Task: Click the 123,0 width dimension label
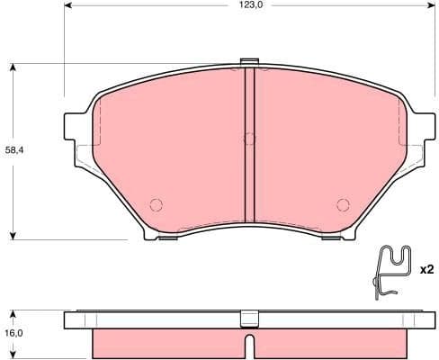tap(251, 5)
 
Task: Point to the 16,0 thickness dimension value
tap(15, 333)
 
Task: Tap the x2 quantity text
tap(426, 269)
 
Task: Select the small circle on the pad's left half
tap(155, 202)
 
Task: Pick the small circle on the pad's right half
tap(342, 202)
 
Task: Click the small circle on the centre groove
tap(250, 139)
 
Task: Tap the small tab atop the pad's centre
tap(250, 62)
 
